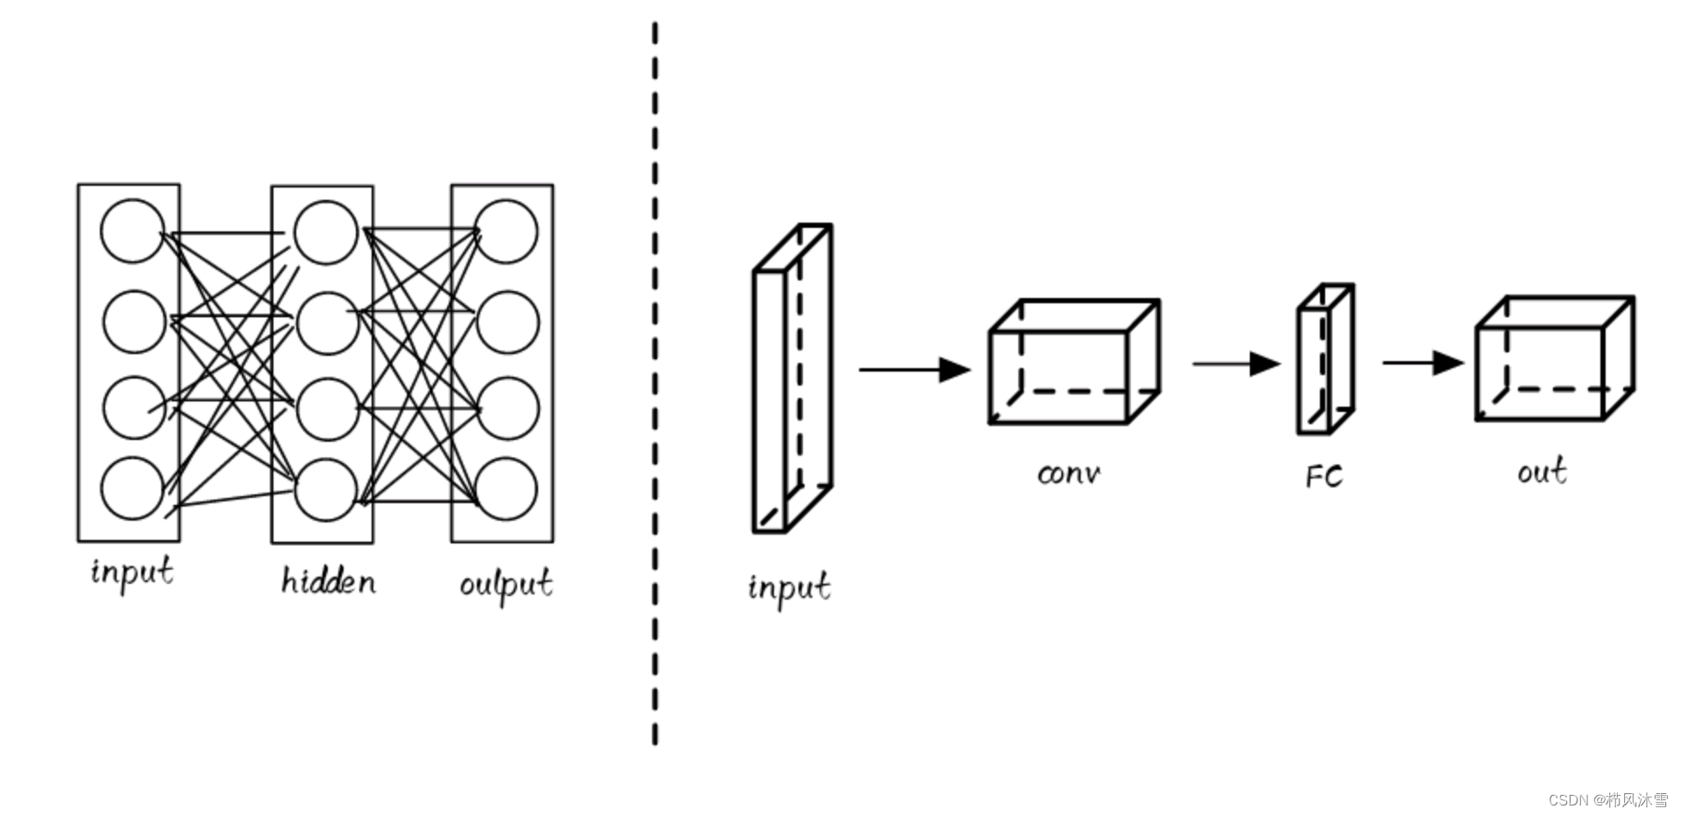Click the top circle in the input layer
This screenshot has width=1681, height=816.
pos(132,231)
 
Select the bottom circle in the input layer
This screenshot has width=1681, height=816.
pos(132,487)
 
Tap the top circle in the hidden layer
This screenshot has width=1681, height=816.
pos(326,232)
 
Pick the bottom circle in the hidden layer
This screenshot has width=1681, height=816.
pos(326,490)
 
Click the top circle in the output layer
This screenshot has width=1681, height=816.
pos(507,231)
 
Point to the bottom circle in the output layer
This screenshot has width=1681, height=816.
pos(507,487)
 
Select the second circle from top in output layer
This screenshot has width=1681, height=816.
pos(508,322)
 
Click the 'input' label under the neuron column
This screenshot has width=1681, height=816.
pos(132,572)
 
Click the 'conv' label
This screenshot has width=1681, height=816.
pos(1068,474)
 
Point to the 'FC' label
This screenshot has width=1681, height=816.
pos(1323,476)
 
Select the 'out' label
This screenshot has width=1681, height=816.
pos(1542,472)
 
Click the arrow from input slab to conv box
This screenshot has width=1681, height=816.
pos(914,370)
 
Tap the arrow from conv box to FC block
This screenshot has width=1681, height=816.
pos(1236,364)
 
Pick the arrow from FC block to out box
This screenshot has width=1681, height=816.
pos(1422,362)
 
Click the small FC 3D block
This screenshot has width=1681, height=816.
pos(1325,359)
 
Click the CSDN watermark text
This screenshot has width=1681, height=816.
pos(1608,800)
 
